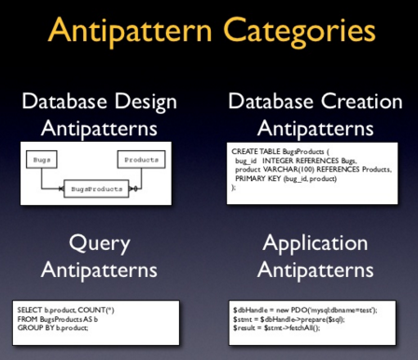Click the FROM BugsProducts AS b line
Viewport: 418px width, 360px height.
[61, 316]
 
